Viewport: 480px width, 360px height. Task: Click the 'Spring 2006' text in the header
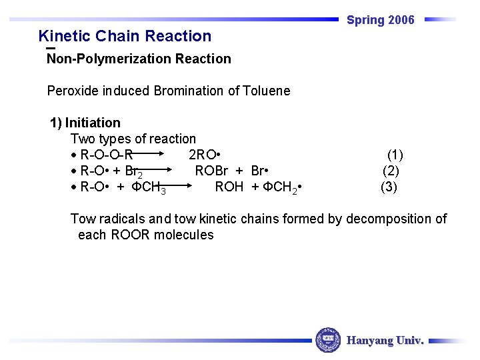380,20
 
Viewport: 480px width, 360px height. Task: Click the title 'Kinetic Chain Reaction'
125,36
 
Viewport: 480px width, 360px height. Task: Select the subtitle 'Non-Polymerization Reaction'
139,59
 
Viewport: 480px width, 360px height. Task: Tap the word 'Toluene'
267,91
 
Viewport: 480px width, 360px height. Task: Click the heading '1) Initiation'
85,123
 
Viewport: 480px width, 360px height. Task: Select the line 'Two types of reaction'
133,139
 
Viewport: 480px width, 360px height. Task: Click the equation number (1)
395,155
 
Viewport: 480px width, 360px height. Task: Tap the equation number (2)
391,171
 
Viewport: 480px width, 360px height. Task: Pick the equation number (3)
389,187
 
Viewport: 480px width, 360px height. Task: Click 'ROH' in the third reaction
229,187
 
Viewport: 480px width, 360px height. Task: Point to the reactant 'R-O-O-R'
106,155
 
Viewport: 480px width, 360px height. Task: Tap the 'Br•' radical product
259,171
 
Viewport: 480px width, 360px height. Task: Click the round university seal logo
327,340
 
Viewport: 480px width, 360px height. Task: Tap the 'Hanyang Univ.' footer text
385,341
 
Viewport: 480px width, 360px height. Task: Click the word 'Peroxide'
73,91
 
